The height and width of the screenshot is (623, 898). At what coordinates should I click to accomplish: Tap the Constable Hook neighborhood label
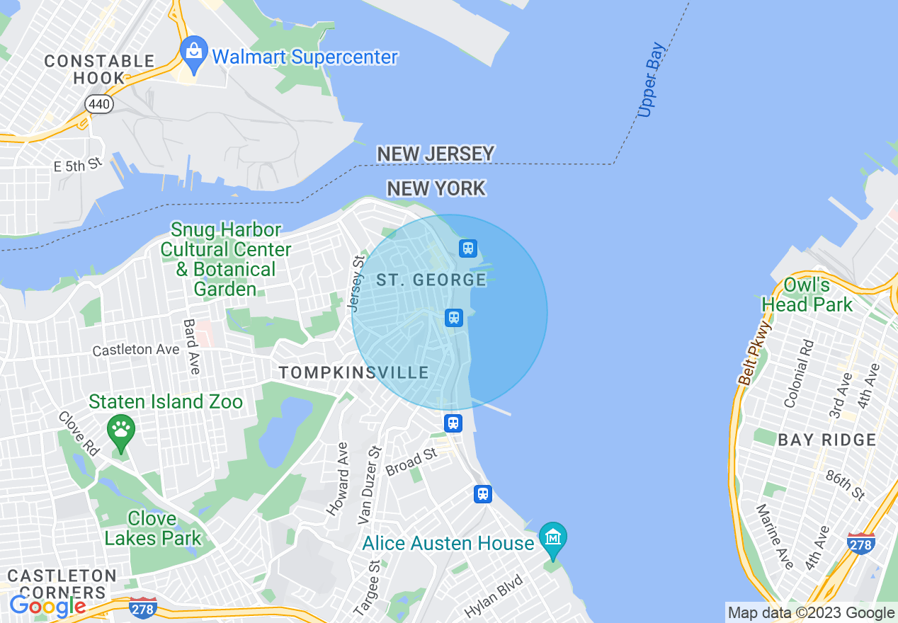[x=99, y=69]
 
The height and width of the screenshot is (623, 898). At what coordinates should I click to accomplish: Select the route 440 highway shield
[x=98, y=105]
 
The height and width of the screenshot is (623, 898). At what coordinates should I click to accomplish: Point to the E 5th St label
[x=79, y=166]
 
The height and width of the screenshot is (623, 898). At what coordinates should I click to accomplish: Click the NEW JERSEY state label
[x=436, y=154]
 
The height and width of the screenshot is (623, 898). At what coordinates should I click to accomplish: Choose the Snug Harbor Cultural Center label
[x=225, y=259]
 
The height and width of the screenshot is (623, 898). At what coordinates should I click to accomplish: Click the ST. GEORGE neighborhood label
[x=431, y=280]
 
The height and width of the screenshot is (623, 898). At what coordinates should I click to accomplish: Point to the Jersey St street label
[x=356, y=284]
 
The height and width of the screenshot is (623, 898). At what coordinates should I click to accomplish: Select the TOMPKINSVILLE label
[x=353, y=372]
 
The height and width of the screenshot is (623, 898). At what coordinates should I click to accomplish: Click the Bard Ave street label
[x=192, y=346]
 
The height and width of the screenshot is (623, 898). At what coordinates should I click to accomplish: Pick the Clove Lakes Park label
[x=152, y=528]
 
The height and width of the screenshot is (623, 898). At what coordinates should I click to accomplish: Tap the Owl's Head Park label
[x=807, y=295]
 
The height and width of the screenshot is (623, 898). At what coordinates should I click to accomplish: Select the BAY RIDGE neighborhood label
[x=826, y=440]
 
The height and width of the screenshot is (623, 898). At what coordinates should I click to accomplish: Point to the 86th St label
[x=845, y=484]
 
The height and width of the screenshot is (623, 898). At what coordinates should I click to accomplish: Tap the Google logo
[x=47, y=606]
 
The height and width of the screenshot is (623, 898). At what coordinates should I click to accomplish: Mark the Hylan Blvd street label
[x=494, y=597]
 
